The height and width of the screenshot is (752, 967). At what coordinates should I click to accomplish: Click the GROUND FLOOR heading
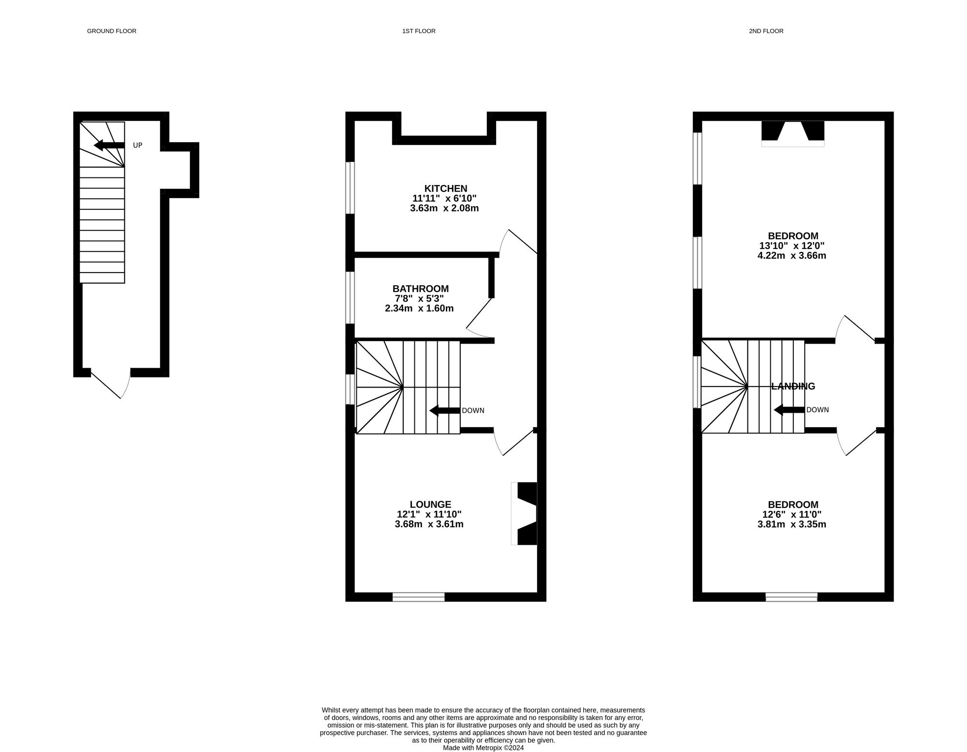tap(111, 31)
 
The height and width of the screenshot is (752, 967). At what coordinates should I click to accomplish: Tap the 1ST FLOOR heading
tap(419, 31)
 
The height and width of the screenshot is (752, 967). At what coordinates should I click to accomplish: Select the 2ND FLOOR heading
tap(766, 31)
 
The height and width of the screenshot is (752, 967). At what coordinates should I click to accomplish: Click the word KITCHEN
tap(446, 188)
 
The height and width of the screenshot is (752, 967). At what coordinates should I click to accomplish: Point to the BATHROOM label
tap(420, 289)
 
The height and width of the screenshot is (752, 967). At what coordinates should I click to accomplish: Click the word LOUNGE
tap(430, 505)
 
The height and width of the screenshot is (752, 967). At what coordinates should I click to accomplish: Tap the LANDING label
tap(793, 386)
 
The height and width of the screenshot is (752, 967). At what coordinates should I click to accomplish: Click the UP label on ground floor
tap(138, 145)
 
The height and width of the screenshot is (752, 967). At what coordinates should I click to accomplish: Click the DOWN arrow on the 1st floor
tap(444, 411)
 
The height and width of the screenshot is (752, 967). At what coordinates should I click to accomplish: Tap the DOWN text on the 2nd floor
tap(818, 410)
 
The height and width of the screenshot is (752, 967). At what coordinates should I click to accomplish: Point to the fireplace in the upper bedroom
tap(793, 132)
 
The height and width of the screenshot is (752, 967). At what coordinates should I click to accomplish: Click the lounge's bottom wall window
tap(418, 597)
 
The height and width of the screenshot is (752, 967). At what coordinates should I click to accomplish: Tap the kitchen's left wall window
tap(350, 188)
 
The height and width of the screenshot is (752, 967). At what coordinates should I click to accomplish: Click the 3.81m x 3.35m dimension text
tap(791, 524)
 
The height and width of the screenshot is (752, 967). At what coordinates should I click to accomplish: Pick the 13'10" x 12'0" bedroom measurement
tap(791, 246)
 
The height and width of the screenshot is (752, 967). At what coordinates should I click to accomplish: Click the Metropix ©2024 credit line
tap(483, 748)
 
